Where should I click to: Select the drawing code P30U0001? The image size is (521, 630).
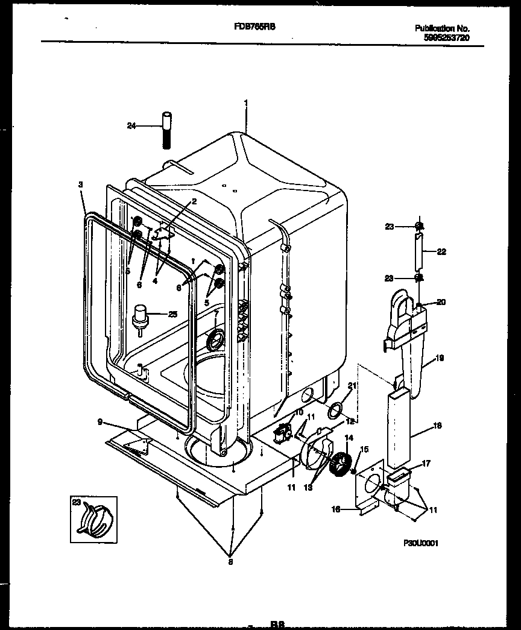point(420,543)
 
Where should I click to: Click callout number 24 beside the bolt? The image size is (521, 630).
point(131,125)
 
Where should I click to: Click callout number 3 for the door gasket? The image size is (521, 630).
point(81,184)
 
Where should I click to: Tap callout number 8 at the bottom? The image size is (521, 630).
point(230,562)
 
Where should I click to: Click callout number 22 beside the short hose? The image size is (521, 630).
point(441,252)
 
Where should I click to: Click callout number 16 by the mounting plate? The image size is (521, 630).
point(336,509)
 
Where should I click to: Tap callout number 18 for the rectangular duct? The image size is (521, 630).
point(438,426)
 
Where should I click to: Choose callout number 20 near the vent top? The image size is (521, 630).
point(441,302)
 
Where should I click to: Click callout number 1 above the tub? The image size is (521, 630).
point(246,102)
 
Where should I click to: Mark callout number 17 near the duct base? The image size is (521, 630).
point(426,464)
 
